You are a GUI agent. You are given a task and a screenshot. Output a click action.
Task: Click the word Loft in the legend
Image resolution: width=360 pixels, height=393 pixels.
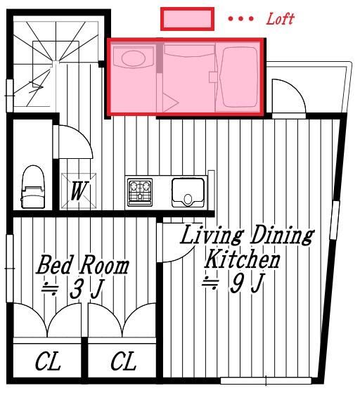click(280, 19)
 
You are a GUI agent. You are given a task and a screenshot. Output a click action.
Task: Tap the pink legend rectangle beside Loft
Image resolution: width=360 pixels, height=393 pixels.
click(187, 19)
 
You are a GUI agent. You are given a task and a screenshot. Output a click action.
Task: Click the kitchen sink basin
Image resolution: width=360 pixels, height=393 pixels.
click(189, 191)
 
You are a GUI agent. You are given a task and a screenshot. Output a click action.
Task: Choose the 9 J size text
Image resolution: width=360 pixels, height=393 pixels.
click(232, 284)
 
